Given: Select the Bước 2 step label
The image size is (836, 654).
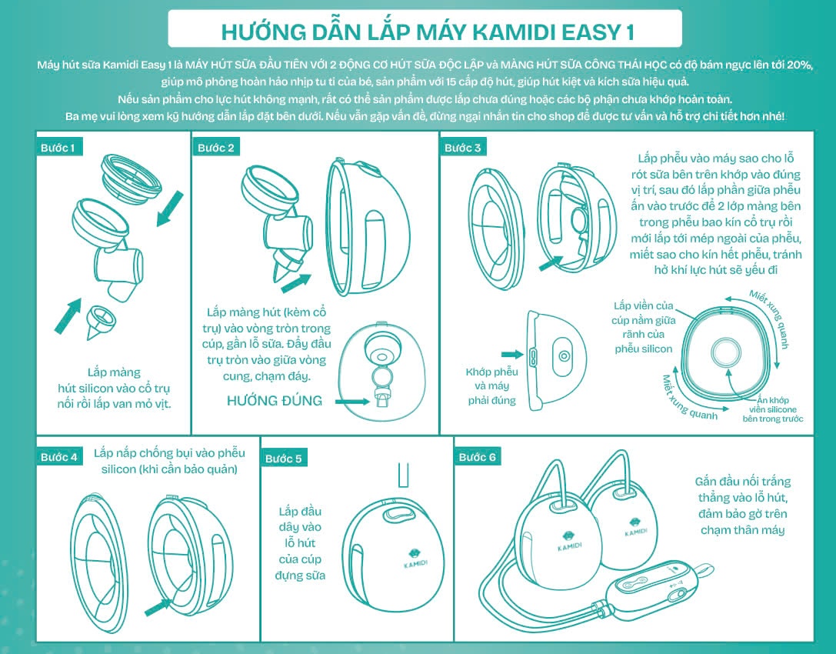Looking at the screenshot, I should click(215, 147).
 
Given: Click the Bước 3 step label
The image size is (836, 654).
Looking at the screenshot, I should click(462, 147).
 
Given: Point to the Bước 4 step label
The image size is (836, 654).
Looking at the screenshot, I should click(58, 456).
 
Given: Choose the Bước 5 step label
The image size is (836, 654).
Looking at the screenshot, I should click(283, 458).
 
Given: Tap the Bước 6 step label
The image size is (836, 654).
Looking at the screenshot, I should click(478, 456).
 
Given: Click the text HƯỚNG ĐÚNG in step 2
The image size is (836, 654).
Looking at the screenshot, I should click(275, 400).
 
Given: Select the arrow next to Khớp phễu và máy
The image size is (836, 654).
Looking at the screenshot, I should click(511, 355).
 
